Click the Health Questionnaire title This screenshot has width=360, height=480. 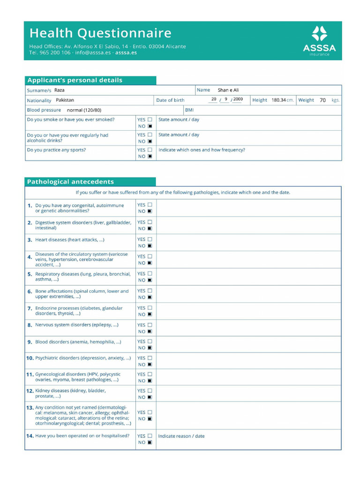point(100,33)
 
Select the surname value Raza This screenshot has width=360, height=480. point(60,90)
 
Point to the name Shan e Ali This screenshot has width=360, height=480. point(228,90)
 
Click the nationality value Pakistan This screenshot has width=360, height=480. point(65,100)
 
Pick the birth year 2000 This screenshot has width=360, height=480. point(238,99)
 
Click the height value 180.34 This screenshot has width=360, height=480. point(278,100)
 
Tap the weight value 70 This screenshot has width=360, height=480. point(322,100)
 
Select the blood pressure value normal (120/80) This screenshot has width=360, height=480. point(84,110)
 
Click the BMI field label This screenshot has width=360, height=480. point(189,110)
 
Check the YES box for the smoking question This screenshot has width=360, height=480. point(150,120)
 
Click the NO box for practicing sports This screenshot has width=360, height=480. point(150,157)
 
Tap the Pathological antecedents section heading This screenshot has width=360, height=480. point(70,182)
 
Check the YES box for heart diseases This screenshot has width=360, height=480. point(150,239)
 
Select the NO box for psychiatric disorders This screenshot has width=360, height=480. point(150,364)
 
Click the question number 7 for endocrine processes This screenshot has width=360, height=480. point(30,308)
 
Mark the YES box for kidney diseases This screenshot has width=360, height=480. point(150,390)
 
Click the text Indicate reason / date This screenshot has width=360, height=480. point(181,436)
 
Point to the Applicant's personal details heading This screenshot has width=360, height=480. point(75,80)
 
